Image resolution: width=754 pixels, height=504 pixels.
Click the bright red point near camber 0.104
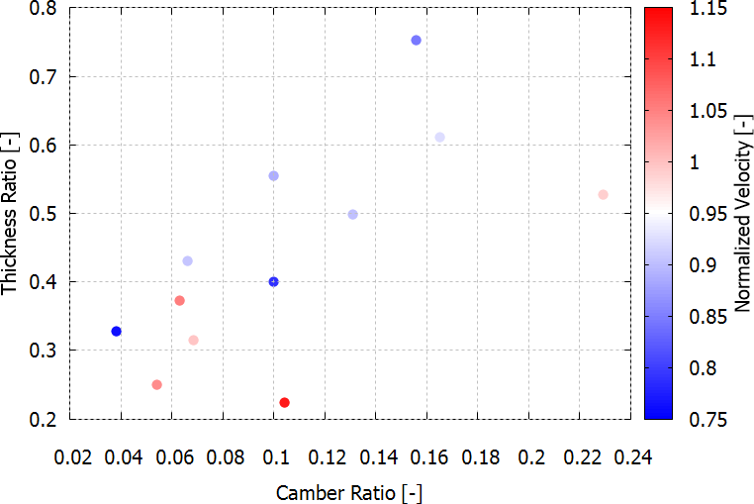tap(285, 402)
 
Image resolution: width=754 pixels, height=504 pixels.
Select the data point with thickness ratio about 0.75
tap(417, 41)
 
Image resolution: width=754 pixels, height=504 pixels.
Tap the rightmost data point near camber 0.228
tap(603, 194)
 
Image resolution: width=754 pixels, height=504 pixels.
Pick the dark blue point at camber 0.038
tap(116, 331)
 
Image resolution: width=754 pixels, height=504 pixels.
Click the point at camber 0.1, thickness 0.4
tap(274, 281)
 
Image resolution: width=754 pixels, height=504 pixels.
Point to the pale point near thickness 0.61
tap(440, 137)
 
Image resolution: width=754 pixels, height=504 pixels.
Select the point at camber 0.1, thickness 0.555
tap(274, 175)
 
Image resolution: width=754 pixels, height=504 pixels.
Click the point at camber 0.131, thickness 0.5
tap(353, 214)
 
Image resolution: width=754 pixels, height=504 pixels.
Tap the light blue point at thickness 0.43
tap(187, 260)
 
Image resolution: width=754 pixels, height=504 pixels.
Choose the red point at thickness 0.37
tap(180, 300)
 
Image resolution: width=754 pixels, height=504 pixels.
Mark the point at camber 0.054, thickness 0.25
tap(156, 384)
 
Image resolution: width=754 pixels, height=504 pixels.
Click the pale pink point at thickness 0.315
tap(193, 340)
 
